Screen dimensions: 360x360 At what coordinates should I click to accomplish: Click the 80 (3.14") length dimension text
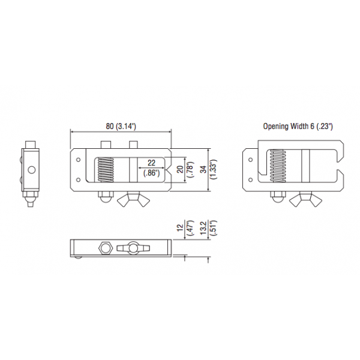point(121,126)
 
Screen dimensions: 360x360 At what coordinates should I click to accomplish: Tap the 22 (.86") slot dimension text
point(151,167)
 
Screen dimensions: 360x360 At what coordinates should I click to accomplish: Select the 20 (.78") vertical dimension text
point(185,169)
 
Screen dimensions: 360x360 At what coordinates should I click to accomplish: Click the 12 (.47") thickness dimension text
point(185,230)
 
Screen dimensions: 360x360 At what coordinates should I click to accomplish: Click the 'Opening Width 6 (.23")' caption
point(298,126)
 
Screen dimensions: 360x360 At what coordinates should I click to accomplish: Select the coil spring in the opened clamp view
point(278,166)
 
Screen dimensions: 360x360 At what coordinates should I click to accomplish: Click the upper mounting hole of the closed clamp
point(79,160)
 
